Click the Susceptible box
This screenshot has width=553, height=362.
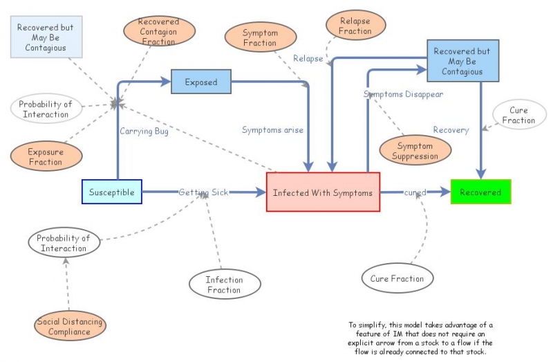(112, 192)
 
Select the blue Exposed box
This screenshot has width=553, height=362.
(200, 82)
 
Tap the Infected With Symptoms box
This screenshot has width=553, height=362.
(323, 192)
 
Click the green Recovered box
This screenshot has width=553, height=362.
(480, 192)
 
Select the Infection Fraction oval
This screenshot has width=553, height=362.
(224, 284)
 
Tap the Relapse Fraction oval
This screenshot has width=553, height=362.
(355, 26)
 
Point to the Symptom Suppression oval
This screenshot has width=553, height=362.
(415, 151)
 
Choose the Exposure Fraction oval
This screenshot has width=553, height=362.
(46, 157)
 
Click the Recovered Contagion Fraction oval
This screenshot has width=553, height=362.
(158, 32)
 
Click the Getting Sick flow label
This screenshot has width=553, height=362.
(203, 192)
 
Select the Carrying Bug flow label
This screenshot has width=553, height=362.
(144, 132)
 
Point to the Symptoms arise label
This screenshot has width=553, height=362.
(272, 129)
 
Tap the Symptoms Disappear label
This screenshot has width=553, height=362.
(403, 94)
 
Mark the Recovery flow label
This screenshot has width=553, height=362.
(451, 129)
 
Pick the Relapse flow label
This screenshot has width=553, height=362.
(308, 59)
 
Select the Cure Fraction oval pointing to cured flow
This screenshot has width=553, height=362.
(397, 278)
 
